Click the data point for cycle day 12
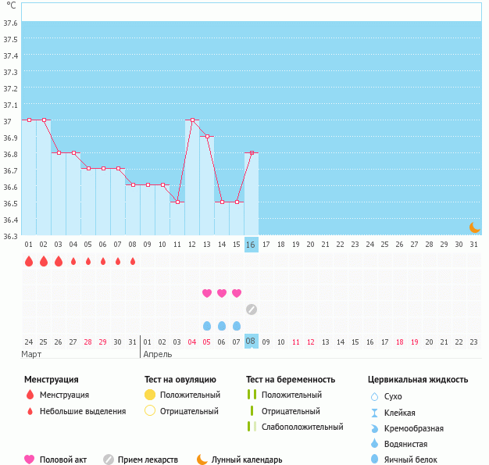coord(192,120)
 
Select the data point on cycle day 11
coord(177,202)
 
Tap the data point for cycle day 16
coord(252,152)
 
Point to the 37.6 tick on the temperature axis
coord(11,23)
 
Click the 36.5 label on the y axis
coord(11,203)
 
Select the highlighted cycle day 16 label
coord(251,245)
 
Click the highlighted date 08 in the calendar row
coord(251,341)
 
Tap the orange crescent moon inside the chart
coord(474,227)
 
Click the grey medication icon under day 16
coord(252,309)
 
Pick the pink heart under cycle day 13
coord(207,293)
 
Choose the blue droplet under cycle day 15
coord(237,325)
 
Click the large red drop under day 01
coord(29,261)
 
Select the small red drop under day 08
coord(133,261)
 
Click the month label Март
coord(33,354)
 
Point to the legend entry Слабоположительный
coord(302,427)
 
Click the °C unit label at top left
coord(11,6)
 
